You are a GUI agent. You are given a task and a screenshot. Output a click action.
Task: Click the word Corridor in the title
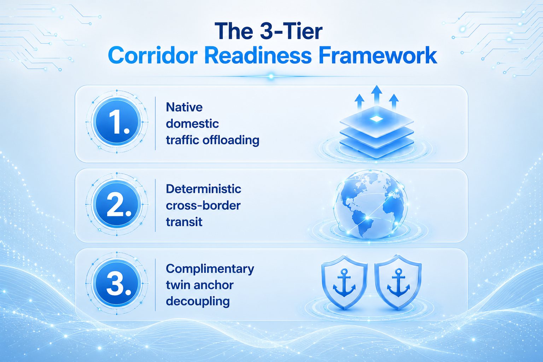point(153,56)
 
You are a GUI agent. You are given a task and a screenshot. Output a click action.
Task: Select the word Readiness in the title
point(258,56)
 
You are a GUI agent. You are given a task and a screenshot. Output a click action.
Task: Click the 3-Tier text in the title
point(291,31)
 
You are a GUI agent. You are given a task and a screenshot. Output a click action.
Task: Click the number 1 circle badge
point(117,122)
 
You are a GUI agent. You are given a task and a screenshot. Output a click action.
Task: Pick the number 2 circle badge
point(117,204)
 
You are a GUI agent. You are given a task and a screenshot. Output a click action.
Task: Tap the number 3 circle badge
point(117,283)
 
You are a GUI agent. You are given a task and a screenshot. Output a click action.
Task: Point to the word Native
point(184,107)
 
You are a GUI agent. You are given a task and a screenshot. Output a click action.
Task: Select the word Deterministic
point(204,189)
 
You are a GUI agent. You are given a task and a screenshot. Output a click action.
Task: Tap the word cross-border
point(203,206)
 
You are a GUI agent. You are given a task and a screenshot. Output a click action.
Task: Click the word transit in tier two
point(184,222)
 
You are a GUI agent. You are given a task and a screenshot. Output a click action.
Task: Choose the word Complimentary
point(210,269)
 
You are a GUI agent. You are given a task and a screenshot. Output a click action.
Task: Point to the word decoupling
point(198,302)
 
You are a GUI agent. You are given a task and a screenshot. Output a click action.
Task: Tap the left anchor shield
point(344,282)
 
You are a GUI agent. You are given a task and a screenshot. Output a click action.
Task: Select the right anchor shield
point(398,282)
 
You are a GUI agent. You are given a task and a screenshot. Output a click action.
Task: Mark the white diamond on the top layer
point(376,119)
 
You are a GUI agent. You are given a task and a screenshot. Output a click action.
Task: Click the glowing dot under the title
point(271,77)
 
